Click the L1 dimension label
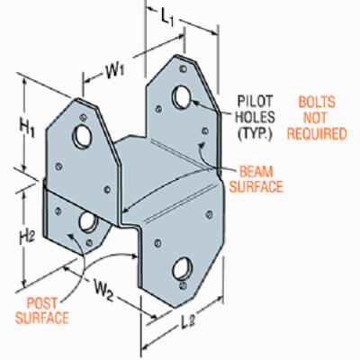tap(167, 18)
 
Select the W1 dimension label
tap(115, 72)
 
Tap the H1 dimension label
tap(28, 129)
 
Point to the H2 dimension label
tap(28, 238)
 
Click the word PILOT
tap(256, 101)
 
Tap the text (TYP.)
tap(255, 133)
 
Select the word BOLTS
tap(317, 103)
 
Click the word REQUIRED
tap(317, 134)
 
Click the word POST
tap(41, 303)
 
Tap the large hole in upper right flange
tap(182, 97)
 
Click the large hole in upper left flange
tap(81, 137)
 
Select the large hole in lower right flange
tap(183, 268)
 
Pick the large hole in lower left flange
tap(88, 222)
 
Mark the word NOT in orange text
tap(315, 118)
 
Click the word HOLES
tap(256, 117)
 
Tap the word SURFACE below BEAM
tap(256, 187)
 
